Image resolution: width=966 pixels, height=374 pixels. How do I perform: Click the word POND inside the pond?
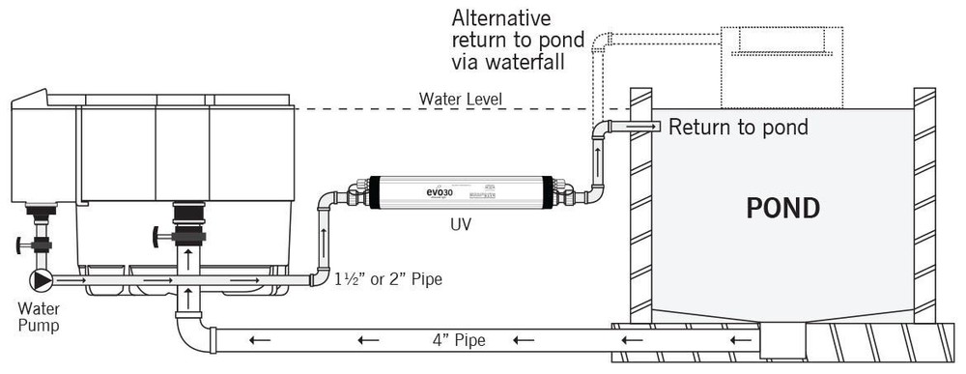(x=783, y=208)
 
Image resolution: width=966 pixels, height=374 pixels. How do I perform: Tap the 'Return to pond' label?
(x=738, y=127)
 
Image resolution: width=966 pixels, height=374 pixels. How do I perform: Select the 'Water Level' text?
(x=461, y=99)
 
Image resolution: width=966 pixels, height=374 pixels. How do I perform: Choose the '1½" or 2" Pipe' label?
(x=389, y=281)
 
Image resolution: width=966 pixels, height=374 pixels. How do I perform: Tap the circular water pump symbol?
(x=40, y=280)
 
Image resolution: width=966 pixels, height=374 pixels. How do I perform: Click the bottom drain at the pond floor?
(x=783, y=338)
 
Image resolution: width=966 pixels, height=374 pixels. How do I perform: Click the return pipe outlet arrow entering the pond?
(x=641, y=127)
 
